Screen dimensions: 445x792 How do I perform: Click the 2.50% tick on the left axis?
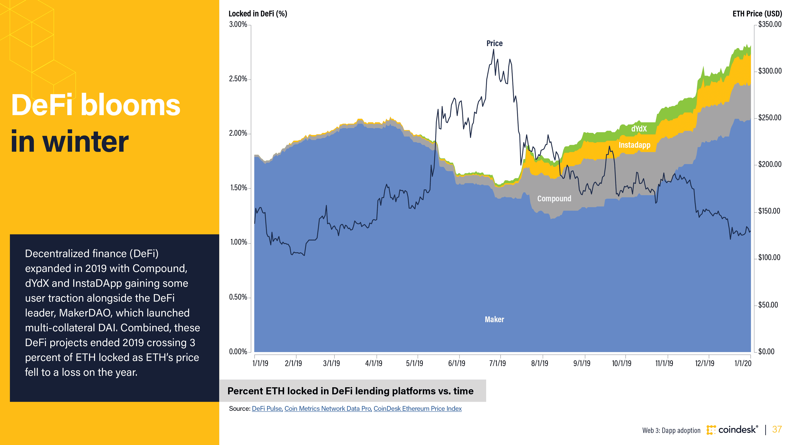coord(238,79)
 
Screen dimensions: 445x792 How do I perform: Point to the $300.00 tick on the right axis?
coord(770,71)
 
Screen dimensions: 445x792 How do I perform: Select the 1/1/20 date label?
coord(742,363)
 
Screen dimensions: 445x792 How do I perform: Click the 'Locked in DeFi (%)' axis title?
coord(258,14)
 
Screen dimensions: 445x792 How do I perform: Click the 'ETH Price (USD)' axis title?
coord(757,14)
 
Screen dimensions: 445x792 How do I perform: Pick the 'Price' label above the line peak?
coord(494,43)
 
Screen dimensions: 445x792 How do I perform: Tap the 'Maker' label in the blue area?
coord(494,319)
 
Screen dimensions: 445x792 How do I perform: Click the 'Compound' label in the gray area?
coord(554,198)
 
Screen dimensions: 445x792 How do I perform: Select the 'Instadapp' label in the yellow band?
coord(634,145)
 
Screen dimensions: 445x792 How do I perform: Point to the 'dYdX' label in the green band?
coord(639,129)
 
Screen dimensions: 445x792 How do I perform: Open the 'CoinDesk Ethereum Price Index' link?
coord(417,409)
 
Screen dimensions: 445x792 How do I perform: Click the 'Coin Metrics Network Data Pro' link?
coord(328,409)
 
